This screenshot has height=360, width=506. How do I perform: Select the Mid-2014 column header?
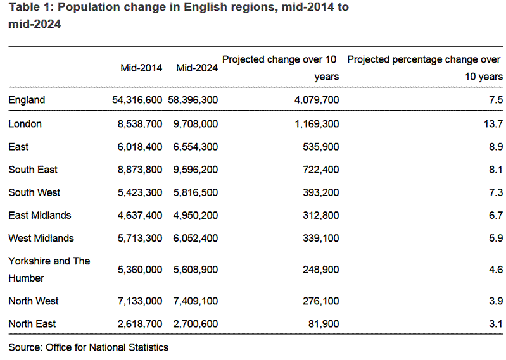coord(141,68)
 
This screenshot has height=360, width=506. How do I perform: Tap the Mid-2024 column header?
coord(197,68)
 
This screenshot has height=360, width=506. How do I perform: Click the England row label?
coord(27,100)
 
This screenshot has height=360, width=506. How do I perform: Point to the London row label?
coord(25,124)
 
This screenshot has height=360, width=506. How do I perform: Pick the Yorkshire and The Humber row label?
coord(49,270)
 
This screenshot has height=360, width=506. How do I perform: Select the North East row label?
coord(32,324)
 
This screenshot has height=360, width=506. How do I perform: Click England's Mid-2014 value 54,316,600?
coord(136,100)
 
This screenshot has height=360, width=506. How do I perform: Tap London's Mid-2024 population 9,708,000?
coord(195,124)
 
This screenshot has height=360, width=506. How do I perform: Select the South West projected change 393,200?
coord(320,192)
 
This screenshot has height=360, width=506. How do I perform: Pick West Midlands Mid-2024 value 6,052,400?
coord(195,238)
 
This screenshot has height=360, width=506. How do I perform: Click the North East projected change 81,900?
coord(323,324)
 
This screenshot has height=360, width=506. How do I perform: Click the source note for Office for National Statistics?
coord(89,347)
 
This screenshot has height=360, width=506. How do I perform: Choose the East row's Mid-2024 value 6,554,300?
coord(195,147)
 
